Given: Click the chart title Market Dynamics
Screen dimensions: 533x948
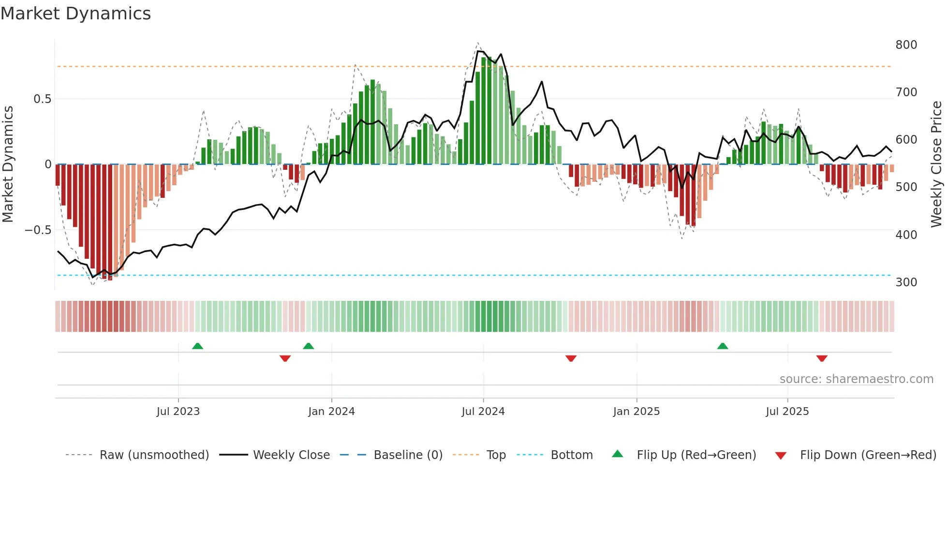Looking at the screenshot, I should click(76, 14).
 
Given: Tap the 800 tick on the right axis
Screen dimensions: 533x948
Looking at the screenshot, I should click(906, 45).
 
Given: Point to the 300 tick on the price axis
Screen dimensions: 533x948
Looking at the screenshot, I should click(906, 282).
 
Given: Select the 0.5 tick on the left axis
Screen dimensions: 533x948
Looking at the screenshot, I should click(42, 99).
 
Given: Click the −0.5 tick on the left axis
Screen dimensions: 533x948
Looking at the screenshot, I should click(38, 230).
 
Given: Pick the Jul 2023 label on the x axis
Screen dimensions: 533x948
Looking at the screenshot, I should click(178, 412).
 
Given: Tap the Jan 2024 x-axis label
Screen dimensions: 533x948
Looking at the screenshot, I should click(331, 412).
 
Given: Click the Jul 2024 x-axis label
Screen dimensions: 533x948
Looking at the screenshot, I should click(483, 412).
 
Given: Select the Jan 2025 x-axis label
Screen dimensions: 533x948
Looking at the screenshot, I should click(636, 412).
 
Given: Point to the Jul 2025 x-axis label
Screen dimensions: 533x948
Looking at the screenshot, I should click(787, 412).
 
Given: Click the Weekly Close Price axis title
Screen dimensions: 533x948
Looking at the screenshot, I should click(936, 164).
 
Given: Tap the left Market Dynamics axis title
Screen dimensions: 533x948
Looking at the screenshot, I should click(8, 164).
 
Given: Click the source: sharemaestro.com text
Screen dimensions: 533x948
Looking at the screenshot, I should click(856, 379).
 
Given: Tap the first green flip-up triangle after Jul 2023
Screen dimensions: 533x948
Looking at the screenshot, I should click(197, 346).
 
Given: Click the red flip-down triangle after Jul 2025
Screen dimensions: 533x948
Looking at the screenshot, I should click(821, 358).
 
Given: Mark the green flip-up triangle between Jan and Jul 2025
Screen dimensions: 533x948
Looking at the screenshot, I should click(722, 346).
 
